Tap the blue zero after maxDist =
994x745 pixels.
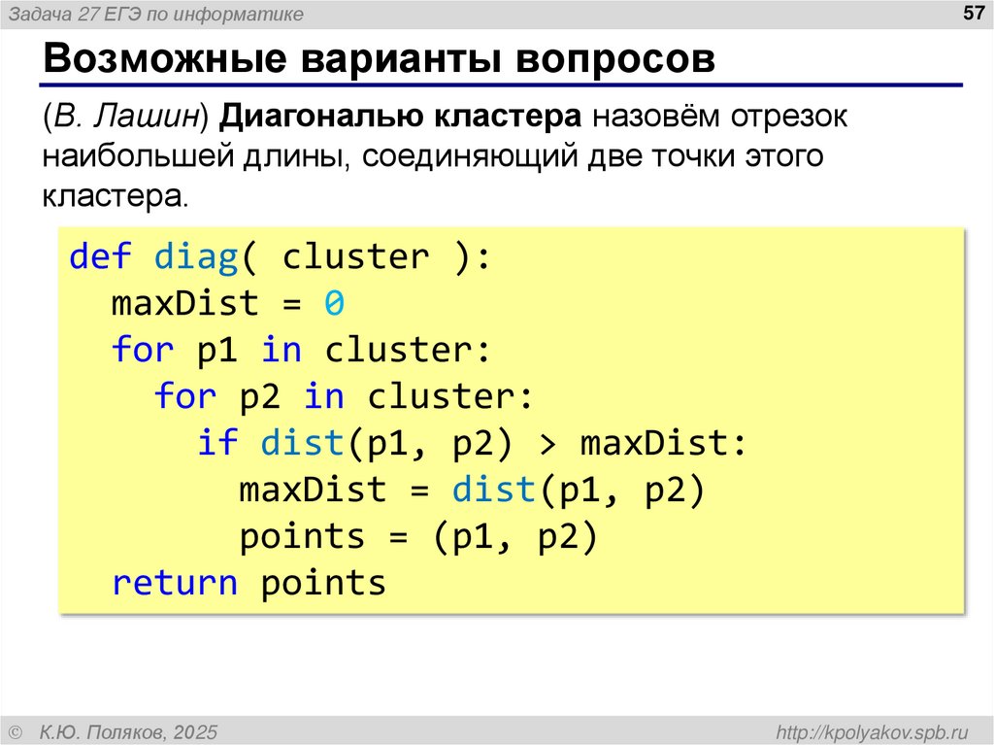[335, 304]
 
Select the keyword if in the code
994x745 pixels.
[217, 444]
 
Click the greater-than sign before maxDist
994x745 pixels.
[547, 444]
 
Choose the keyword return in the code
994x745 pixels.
[175, 584]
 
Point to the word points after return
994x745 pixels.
[323, 584]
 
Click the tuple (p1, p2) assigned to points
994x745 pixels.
[514, 537]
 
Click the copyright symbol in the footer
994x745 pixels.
[15, 730]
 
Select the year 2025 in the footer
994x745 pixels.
[197, 730]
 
